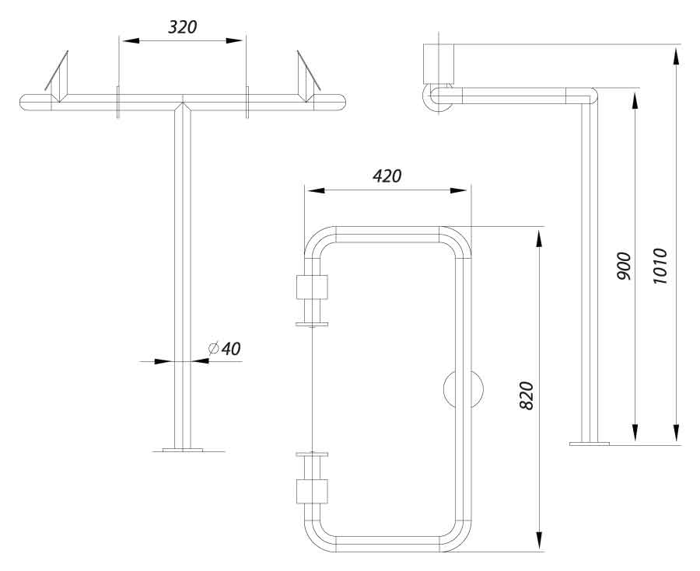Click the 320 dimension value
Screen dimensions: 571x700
click(x=183, y=26)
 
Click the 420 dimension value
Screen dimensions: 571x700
click(x=387, y=176)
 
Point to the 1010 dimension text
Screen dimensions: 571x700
click(x=660, y=266)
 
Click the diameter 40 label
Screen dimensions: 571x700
click(x=226, y=349)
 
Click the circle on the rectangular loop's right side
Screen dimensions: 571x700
click(x=463, y=388)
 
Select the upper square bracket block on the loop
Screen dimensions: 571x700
click(x=313, y=288)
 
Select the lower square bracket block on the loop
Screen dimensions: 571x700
click(x=313, y=491)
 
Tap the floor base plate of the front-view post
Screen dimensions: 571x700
click(x=183, y=449)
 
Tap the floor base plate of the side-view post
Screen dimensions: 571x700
click(x=590, y=444)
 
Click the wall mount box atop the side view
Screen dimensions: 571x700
click(x=437, y=63)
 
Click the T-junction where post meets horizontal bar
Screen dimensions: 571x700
click(x=183, y=103)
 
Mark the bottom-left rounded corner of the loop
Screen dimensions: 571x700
click(x=317, y=537)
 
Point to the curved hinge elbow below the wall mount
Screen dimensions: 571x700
click(x=431, y=98)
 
